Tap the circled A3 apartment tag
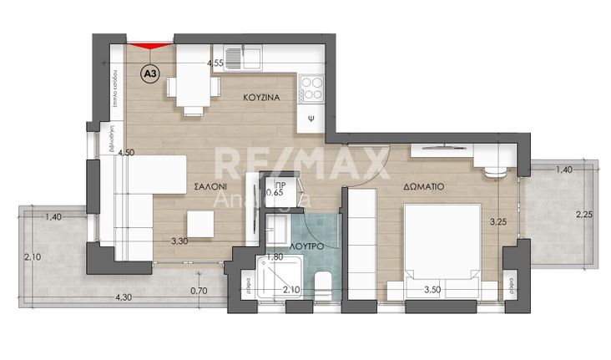pyautogui.click(x=150, y=74)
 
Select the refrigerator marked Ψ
pyautogui.click(x=311, y=118)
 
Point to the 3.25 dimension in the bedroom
pyautogui.click(x=497, y=222)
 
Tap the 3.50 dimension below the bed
pyautogui.click(x=432, y=290)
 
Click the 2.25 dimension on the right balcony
pyautogui.click(x=583, y=214)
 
